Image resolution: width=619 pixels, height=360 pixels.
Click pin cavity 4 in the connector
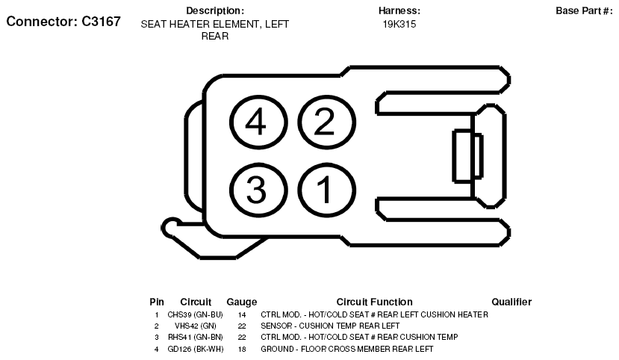coord(258,122)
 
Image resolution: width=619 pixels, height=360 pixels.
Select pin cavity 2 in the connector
coord(326,122)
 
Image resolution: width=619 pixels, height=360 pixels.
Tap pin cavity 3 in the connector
coord(258,190)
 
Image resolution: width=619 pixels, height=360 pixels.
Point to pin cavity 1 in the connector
coord(326,190)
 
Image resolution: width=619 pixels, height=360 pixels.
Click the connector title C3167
coord(63,22)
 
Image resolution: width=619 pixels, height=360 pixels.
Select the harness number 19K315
coord(399,24)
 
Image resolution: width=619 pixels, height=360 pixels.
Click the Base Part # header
coord(584,10)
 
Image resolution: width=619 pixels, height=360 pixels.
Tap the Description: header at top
coord(215,10)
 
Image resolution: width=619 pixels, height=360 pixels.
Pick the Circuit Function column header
coord(374,302)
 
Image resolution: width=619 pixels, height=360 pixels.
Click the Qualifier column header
coord(511,302)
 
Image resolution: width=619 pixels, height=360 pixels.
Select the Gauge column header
coord(242,302)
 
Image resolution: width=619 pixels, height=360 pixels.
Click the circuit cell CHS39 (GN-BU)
coord(195,314)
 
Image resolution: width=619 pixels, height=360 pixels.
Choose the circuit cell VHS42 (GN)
coord(196,326)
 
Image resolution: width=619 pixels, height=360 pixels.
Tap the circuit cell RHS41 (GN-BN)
coord(196,337)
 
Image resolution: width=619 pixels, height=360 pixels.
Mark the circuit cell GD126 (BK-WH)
coord(196,349)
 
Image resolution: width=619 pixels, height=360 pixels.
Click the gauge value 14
coord(242,315)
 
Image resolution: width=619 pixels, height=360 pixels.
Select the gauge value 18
coord(242,349)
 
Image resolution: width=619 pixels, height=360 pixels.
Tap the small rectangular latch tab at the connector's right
coord(467,156)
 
